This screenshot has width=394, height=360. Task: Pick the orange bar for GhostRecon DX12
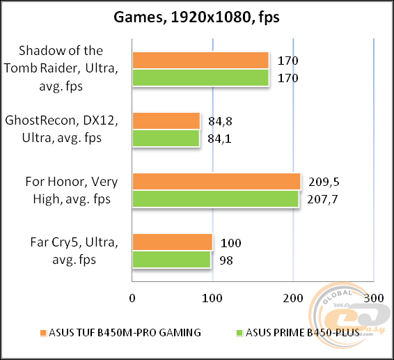click(x=166, y=120)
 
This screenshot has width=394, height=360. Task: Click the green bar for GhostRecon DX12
click(x=166, y=138)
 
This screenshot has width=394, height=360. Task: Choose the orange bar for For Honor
click(x=216, y=182)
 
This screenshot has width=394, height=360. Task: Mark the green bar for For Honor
click(x=215, y=198)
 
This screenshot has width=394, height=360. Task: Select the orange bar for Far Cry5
click(x=172, y=242)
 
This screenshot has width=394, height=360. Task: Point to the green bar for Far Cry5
click(x=171, y=259)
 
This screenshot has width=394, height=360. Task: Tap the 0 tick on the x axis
click(x=132, y=297)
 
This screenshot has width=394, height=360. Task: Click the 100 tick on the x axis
click(x=212, y=297)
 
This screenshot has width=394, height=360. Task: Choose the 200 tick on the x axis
click(x=293, y=297)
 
